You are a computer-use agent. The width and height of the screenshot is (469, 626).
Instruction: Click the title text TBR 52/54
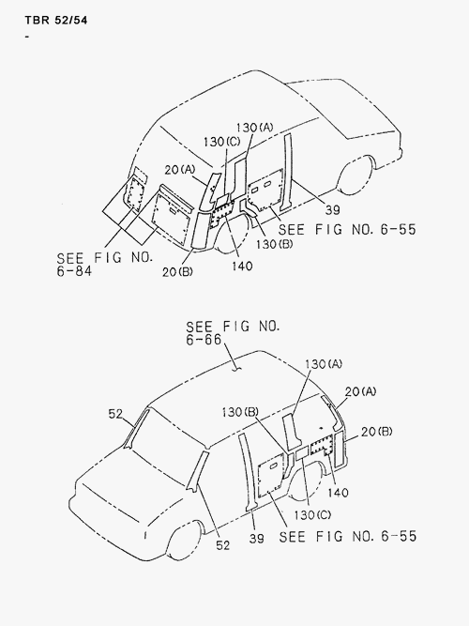coord(56,20)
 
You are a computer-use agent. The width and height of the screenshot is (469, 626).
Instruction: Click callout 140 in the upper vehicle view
coord(242,266)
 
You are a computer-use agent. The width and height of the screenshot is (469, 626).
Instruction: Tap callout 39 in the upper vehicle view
coord(332,209)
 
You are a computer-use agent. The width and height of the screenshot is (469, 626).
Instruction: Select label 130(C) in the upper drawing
coord(222,142)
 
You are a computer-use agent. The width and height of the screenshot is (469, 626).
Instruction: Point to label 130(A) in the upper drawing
coord(254,128)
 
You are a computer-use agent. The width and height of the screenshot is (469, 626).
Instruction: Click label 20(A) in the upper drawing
coord(180,170)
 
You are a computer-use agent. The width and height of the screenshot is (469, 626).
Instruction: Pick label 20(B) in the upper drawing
coord(177,272)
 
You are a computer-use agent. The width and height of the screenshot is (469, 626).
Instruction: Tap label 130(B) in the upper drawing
coord(274,244)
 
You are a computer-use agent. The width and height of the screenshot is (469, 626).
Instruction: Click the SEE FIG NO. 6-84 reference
coord(105,264)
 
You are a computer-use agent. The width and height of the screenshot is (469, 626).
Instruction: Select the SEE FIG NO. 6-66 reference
coord(234,332)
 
